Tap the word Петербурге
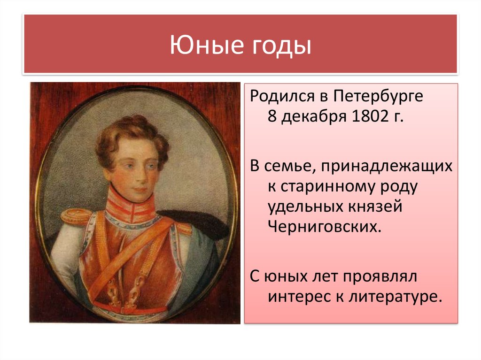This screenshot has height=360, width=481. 378,97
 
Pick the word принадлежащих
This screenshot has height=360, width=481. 387,167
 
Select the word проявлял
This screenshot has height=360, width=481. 380,277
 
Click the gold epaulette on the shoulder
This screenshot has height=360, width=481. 76,216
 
